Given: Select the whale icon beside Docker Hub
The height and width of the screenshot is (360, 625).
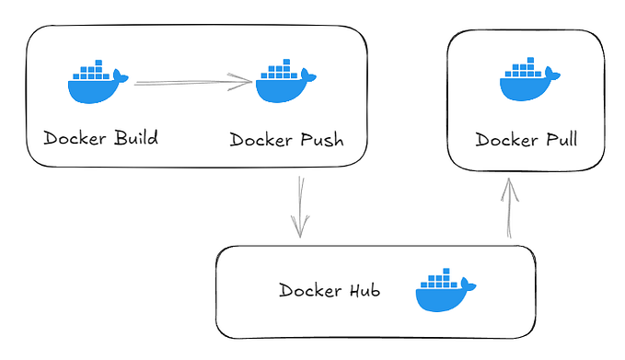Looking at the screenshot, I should pos(445,292).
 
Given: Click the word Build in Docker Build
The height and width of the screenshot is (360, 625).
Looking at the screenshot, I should pos(135,139).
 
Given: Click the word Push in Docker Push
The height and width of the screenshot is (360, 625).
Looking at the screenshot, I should pos(322,140).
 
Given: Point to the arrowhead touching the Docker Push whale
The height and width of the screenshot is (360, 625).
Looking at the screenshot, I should pos(244,83).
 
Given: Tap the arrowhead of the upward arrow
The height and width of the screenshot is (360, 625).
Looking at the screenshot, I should pos(509,186).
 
